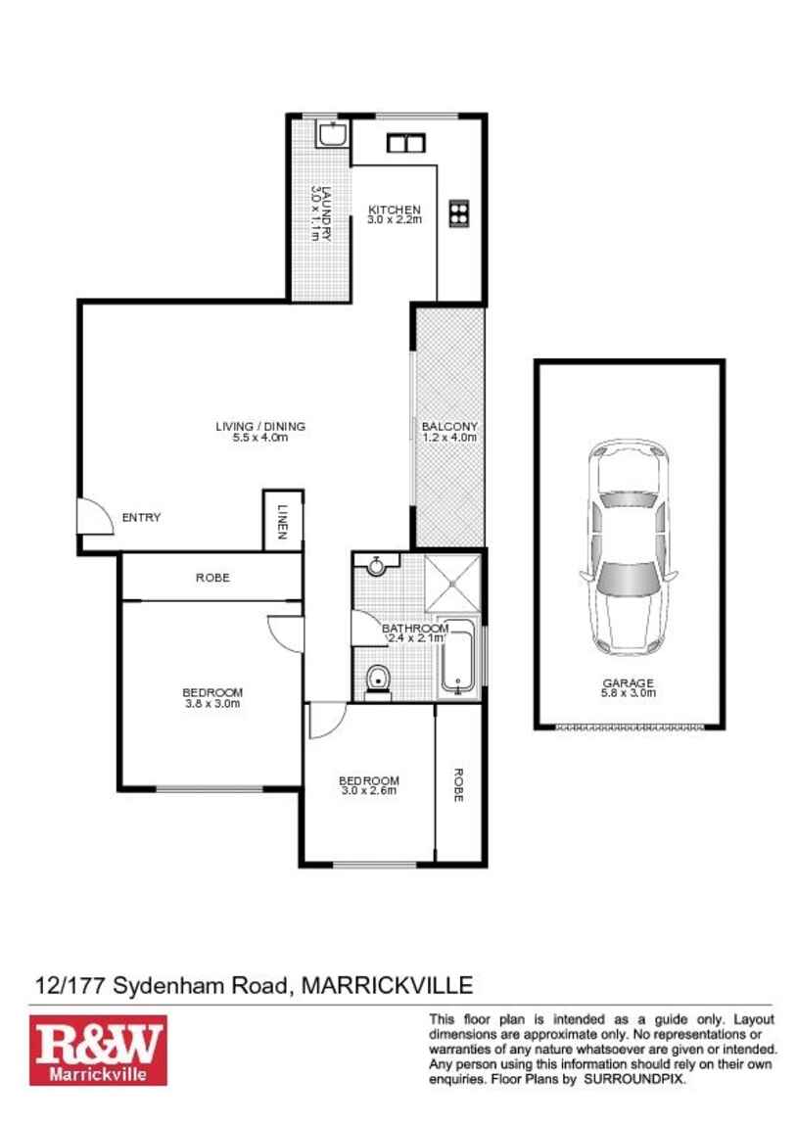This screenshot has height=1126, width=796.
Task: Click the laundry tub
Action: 333,134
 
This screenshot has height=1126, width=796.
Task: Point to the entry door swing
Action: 95,513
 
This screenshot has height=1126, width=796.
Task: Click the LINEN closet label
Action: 282,522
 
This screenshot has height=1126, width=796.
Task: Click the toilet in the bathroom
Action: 377,679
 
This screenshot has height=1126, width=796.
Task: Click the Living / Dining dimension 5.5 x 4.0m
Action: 259,438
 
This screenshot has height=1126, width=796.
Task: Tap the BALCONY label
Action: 449,427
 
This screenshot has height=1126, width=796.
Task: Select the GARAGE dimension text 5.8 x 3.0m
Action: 629,693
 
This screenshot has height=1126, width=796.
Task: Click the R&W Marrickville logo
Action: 98,1050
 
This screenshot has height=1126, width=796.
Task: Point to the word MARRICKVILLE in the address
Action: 388,984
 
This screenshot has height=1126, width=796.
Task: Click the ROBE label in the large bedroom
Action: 212,578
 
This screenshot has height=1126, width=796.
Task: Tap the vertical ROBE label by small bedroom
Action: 457,785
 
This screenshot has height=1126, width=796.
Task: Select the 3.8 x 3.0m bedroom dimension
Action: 212,703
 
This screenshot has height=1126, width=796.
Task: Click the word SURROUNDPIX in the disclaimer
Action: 635,1078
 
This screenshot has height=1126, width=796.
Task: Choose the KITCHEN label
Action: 394,210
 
